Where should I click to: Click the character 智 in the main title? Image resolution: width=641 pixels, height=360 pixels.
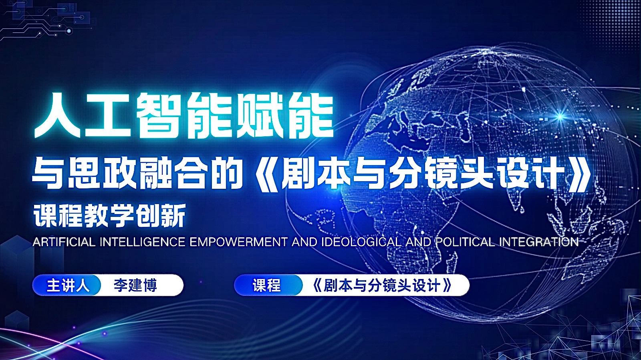click(x=159, y=115)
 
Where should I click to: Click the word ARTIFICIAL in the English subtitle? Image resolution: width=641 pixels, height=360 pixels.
click(x=64, y=242)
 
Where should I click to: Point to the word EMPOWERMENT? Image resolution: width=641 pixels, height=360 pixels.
click(x=238, y=242)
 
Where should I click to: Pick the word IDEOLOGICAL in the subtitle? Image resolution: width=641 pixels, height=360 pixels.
click(x=361, y=242)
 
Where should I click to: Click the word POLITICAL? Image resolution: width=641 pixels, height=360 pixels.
click(x=465, y=242)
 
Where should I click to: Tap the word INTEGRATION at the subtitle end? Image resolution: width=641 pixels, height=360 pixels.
click(x=538, y=242)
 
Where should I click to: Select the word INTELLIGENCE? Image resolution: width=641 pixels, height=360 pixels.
click(x=142, y=242)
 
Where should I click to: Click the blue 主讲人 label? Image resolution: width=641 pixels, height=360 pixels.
click(x=67, y=285)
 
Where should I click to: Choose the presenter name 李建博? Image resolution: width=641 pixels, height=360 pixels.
click(x=135, y=285)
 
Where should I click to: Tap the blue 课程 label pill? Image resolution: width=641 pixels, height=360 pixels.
click(x=267, y=285)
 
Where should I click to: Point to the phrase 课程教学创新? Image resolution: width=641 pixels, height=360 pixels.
click(x=109, y=216)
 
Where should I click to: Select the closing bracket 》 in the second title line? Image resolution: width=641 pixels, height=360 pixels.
click(x=580, y=174)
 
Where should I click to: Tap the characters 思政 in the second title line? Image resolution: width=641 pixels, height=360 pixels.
click(x=102, y=174)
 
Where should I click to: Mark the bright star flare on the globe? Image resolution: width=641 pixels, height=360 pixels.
click(x=560, y=117)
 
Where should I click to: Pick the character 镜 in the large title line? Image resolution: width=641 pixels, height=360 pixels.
click(x=441, y=174)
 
